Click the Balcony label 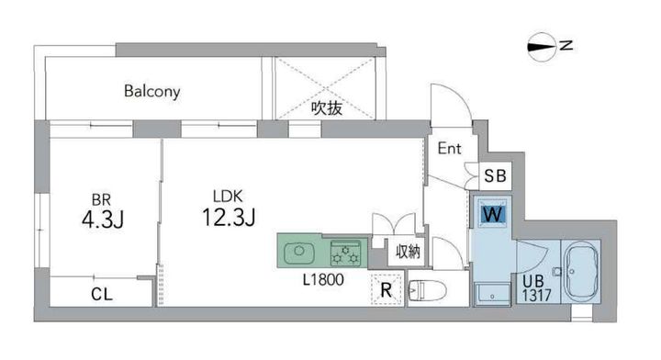[152, 92]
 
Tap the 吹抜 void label [326, 107]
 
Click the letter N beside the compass [568, 44]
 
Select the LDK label [226, 196]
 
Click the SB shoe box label [493, 175]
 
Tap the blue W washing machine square [493, 215]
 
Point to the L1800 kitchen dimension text [322, 280]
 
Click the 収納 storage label [409, 250]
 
